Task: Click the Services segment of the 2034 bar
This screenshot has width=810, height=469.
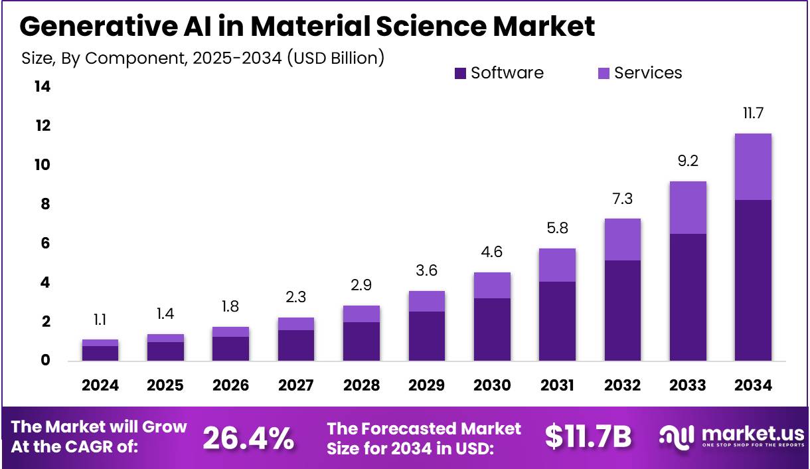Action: [x=753, y=167]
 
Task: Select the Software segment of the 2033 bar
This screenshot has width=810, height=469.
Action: [x=688, y=297]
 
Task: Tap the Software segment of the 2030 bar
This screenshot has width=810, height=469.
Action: [x=492, y=329]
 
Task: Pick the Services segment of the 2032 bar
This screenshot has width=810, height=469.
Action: [x=622, y=239]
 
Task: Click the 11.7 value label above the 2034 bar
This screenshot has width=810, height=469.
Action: [x=753, y=114]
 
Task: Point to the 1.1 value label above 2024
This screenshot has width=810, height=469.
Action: [x=100, y=320]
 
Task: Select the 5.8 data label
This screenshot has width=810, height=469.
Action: [x=557, y=229]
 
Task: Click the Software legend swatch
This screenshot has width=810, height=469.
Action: [x=461, y=73]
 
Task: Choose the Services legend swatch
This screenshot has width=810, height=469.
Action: [x=604, y=73]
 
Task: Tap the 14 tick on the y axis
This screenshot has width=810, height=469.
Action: [x=42, y=86]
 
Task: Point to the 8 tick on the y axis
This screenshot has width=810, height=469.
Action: [x=45, y=204]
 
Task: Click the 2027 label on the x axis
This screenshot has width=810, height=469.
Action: [x=296, y=386]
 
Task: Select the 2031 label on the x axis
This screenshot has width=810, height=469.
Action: [x=557, y=386]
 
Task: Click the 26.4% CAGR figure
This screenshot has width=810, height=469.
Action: [x=248, y=438]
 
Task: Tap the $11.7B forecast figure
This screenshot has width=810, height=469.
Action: [x=588, y=436]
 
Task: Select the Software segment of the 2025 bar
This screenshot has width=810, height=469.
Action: [x=165, y=351]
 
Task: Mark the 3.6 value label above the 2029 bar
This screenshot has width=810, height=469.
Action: [x=427, y=271]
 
